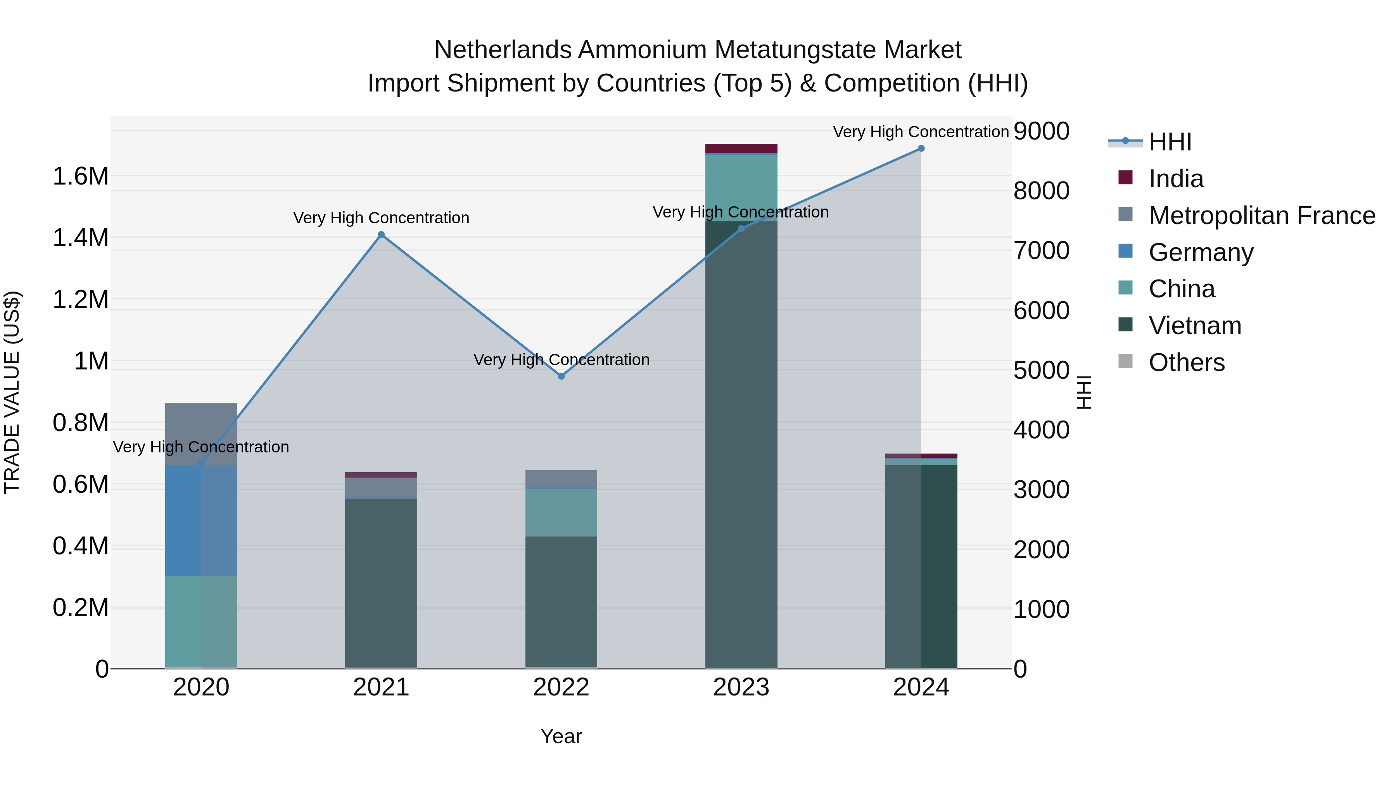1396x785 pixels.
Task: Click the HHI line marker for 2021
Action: [x=381, y=235]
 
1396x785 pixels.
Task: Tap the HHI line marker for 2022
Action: [x=562, y=376]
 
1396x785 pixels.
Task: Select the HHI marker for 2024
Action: [x=921, y=148]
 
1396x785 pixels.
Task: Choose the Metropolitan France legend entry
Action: [x=1261, y=216]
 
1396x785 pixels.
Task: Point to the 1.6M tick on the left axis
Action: [x=81, y=177]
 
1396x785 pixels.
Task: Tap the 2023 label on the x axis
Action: [x=741, y=687]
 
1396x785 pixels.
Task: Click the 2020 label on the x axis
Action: [x=201, y=687]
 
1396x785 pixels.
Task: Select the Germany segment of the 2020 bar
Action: [x=201, y=520]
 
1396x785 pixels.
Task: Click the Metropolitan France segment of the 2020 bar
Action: [x=201, y=428]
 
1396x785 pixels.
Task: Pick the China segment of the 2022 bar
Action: [x=562, y=512]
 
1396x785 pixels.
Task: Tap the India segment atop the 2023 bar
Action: [x=741, y=148]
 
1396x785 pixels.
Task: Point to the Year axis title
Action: [x=561, y=736]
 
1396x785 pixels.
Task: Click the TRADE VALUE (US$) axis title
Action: [x=12, y=392]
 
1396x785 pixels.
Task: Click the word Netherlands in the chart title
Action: [x=502, y=50]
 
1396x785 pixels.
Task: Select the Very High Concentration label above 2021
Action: [x=381, y=218]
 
